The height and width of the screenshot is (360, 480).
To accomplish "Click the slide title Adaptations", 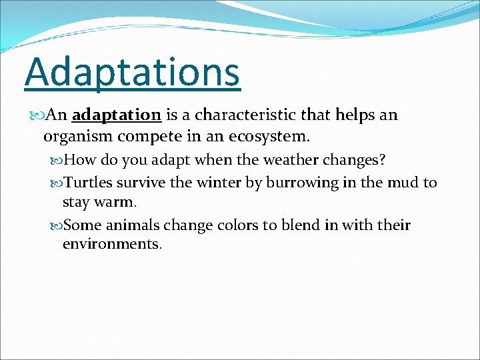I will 132,72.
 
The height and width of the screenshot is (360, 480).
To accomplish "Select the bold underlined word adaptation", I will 117,115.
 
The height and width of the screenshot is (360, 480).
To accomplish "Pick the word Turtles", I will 89,183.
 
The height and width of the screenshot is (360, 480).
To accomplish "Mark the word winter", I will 219,183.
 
